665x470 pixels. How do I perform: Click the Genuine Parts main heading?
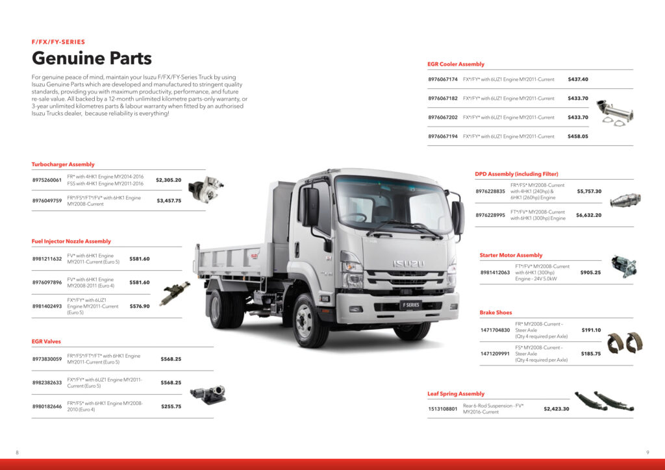tap(92, 58)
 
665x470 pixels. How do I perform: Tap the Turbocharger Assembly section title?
tap(63, 164)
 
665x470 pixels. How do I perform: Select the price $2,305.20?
tap(168, 180)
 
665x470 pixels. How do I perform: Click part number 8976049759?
tap(47, 201)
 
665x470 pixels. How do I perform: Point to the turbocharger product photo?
tap(206, 189)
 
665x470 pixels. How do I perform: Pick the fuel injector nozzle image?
tap(174, 293)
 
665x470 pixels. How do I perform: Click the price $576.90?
tap(140, 306)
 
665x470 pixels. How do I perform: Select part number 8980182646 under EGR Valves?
tap(47, 406)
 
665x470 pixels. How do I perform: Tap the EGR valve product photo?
tap(208, 395)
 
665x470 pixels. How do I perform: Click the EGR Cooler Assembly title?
tap(456, 64)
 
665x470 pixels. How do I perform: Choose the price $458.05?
tap(578, 136)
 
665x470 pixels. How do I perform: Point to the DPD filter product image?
tap(625, 200)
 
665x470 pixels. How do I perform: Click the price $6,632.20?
tap(588, 216)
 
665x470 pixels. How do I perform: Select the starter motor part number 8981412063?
tap(495, 273)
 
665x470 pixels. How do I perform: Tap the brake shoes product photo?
tap(625, 342)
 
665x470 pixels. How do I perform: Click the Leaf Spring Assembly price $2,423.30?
tap(557, 409)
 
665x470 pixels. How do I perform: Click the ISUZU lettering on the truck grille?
tap(408, 264)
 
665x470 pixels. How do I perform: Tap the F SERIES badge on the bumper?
tap(410, 304)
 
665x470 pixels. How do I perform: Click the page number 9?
tap(647, 452)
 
